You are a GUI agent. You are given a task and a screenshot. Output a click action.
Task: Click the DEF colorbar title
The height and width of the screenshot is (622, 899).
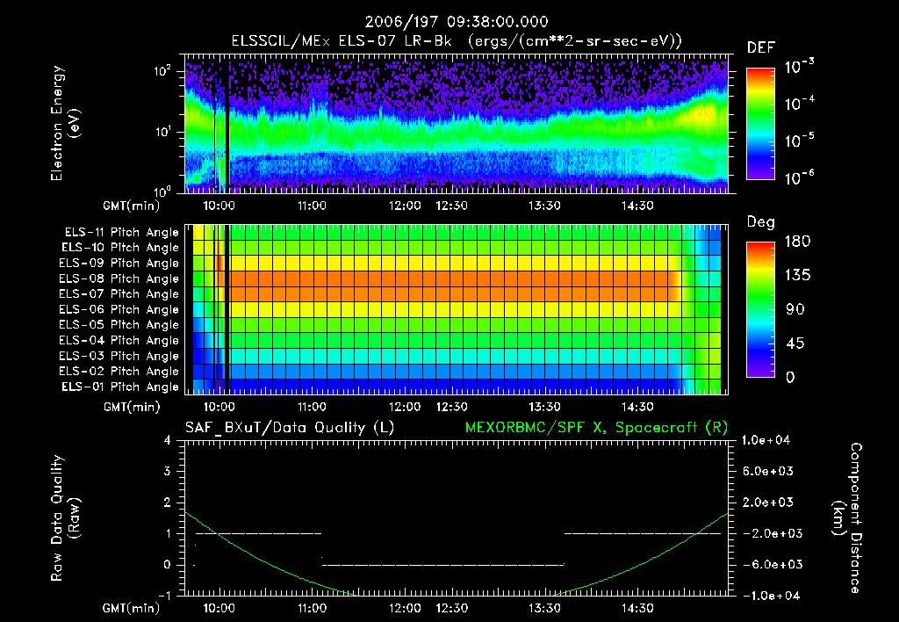click(x=760, y=47)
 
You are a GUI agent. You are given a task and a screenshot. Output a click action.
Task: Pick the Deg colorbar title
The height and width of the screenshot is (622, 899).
click(x=760, y=222)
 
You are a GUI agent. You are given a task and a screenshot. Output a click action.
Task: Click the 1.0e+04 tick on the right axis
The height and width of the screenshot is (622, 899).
click(x=769, y=440)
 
